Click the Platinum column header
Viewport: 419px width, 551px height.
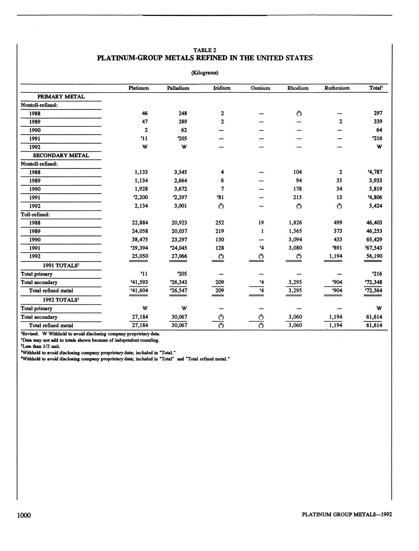click(x=139, y=88)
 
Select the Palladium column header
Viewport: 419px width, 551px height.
click(x=178, y=88)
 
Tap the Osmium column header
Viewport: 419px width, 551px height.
click(x=260, y=88)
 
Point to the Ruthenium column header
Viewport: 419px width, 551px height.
click(x=337, y=88)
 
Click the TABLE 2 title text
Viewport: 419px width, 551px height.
click(x=205, y=50)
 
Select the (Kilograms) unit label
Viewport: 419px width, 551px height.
click(x=205, y=73)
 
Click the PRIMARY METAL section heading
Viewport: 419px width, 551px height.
click(x=61, y=97)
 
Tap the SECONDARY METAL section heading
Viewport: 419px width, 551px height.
click(x=61, y=155)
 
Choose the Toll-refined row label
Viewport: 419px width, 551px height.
click(x=35, y=214)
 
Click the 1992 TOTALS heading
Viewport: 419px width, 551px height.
click(x=61, y=299)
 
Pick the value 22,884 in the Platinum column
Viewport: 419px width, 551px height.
click(x=140, y=223)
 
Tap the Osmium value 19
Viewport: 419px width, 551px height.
click(x=260, y=223)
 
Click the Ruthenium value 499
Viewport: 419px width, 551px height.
click(x=338, y=223)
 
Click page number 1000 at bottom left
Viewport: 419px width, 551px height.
click(x=24, y=515)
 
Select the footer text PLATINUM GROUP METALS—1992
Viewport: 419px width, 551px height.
click(x=347, y=515)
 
